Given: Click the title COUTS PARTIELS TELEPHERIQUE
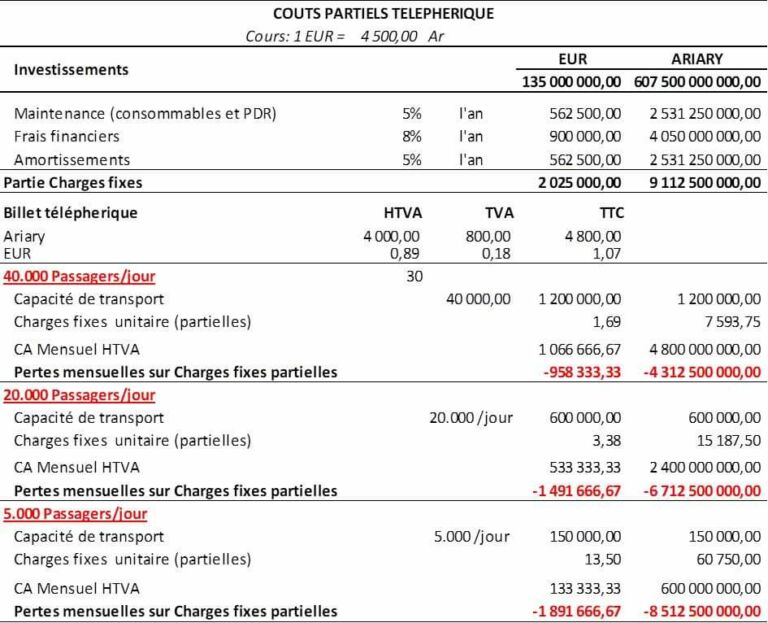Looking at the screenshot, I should (383, 14).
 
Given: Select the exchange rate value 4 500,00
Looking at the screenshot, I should (389, 36).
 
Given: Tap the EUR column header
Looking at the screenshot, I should (572, 59).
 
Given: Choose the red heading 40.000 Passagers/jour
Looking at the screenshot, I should (79, 276).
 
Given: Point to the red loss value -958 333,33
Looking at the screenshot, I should (580, 372).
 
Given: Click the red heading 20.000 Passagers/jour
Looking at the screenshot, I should (79, 395).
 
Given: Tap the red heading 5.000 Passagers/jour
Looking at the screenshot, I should (75, 514).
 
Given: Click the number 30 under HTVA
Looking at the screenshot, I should (414, 276).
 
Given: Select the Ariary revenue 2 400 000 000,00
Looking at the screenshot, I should (699, 467).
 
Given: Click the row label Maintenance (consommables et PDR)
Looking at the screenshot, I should (145, 113).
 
